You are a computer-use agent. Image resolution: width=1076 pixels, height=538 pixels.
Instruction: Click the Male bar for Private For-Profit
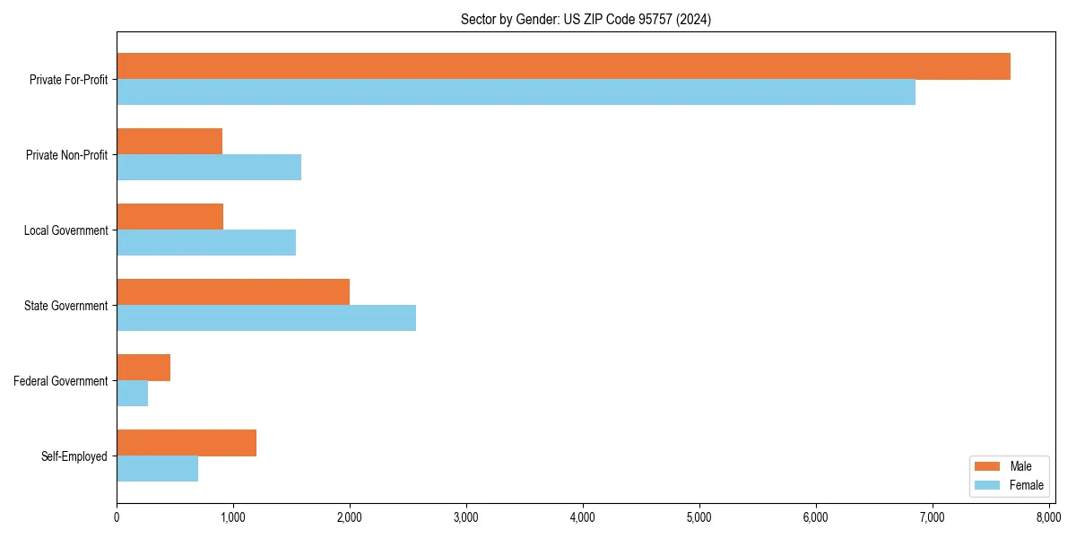coord(563,66)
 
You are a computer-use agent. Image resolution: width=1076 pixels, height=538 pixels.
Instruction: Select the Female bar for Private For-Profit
coord(516,92)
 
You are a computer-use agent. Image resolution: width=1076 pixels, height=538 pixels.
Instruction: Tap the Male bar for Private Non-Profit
coord(169,142)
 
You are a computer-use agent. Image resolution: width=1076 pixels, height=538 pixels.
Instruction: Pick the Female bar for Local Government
coord(206,243)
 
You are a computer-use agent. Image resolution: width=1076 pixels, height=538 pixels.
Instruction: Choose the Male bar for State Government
coord(233,292)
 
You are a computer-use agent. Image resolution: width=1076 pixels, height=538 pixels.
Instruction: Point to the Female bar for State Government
coord(266,318)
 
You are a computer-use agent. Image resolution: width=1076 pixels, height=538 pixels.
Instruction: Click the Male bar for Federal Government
coord(143,368)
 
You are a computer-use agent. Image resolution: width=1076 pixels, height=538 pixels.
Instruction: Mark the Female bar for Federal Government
coord(133,394)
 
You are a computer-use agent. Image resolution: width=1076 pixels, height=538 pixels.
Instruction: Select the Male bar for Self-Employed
coord(187,443)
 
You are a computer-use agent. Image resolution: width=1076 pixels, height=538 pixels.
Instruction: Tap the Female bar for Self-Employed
coord(157,469)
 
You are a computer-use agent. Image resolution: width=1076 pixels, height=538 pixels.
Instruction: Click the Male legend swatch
coord(986,466)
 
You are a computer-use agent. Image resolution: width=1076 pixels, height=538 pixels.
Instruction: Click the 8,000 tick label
coord(1048,517)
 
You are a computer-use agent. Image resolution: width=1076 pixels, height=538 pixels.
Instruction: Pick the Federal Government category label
coord(61,381)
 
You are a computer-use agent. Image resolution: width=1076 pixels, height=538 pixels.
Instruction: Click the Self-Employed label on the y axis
coord(74,456)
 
